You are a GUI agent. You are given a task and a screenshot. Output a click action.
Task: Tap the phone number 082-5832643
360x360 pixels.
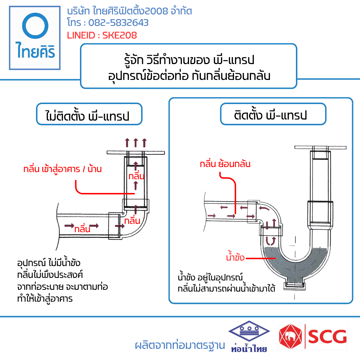[118, 23]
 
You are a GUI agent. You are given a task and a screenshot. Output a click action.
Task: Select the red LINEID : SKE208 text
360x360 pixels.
[102, 35]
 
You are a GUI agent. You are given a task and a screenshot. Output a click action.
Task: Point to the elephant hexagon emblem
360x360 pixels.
[291, 337]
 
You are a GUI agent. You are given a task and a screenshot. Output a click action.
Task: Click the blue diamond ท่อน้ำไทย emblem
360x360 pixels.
[249, 331]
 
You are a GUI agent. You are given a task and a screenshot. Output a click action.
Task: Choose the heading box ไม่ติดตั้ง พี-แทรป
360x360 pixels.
[89, 114]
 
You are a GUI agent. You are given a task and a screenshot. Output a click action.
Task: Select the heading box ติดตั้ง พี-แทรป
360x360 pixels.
[273, 114]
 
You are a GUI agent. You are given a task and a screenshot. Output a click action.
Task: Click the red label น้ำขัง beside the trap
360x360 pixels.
[235, 257]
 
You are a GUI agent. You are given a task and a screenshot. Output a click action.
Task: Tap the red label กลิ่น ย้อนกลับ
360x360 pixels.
[225, 164]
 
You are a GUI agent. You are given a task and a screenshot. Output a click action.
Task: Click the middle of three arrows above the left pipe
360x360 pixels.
[136, 143]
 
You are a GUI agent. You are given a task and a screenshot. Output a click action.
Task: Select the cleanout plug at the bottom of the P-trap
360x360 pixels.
[295, 286]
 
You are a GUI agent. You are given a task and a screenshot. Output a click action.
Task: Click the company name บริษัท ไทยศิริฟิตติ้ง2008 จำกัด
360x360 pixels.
[130, 11]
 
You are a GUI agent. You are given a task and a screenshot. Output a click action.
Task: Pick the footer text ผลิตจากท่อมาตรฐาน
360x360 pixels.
[180, 345]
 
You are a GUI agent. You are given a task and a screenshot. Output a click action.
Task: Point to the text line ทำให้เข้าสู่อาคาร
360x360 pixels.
[45, 299]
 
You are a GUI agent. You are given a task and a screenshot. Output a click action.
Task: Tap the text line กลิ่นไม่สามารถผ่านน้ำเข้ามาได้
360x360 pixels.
[226, 288]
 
